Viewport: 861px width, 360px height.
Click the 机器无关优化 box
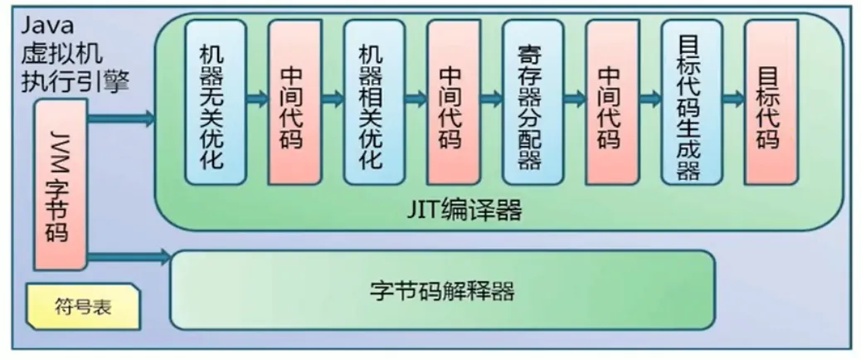215,101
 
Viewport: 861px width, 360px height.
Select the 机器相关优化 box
374,101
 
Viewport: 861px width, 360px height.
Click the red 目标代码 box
771,101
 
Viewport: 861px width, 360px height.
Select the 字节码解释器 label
442,291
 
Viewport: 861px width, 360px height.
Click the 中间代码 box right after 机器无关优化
294,101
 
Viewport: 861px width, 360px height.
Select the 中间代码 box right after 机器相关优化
453,101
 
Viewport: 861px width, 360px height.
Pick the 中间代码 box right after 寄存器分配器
611,101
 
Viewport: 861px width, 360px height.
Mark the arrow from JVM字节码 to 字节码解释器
129,257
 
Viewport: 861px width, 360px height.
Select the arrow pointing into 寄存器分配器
493,100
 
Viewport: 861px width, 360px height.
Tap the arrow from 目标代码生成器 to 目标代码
732,100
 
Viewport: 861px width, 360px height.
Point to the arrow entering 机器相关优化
333,100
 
